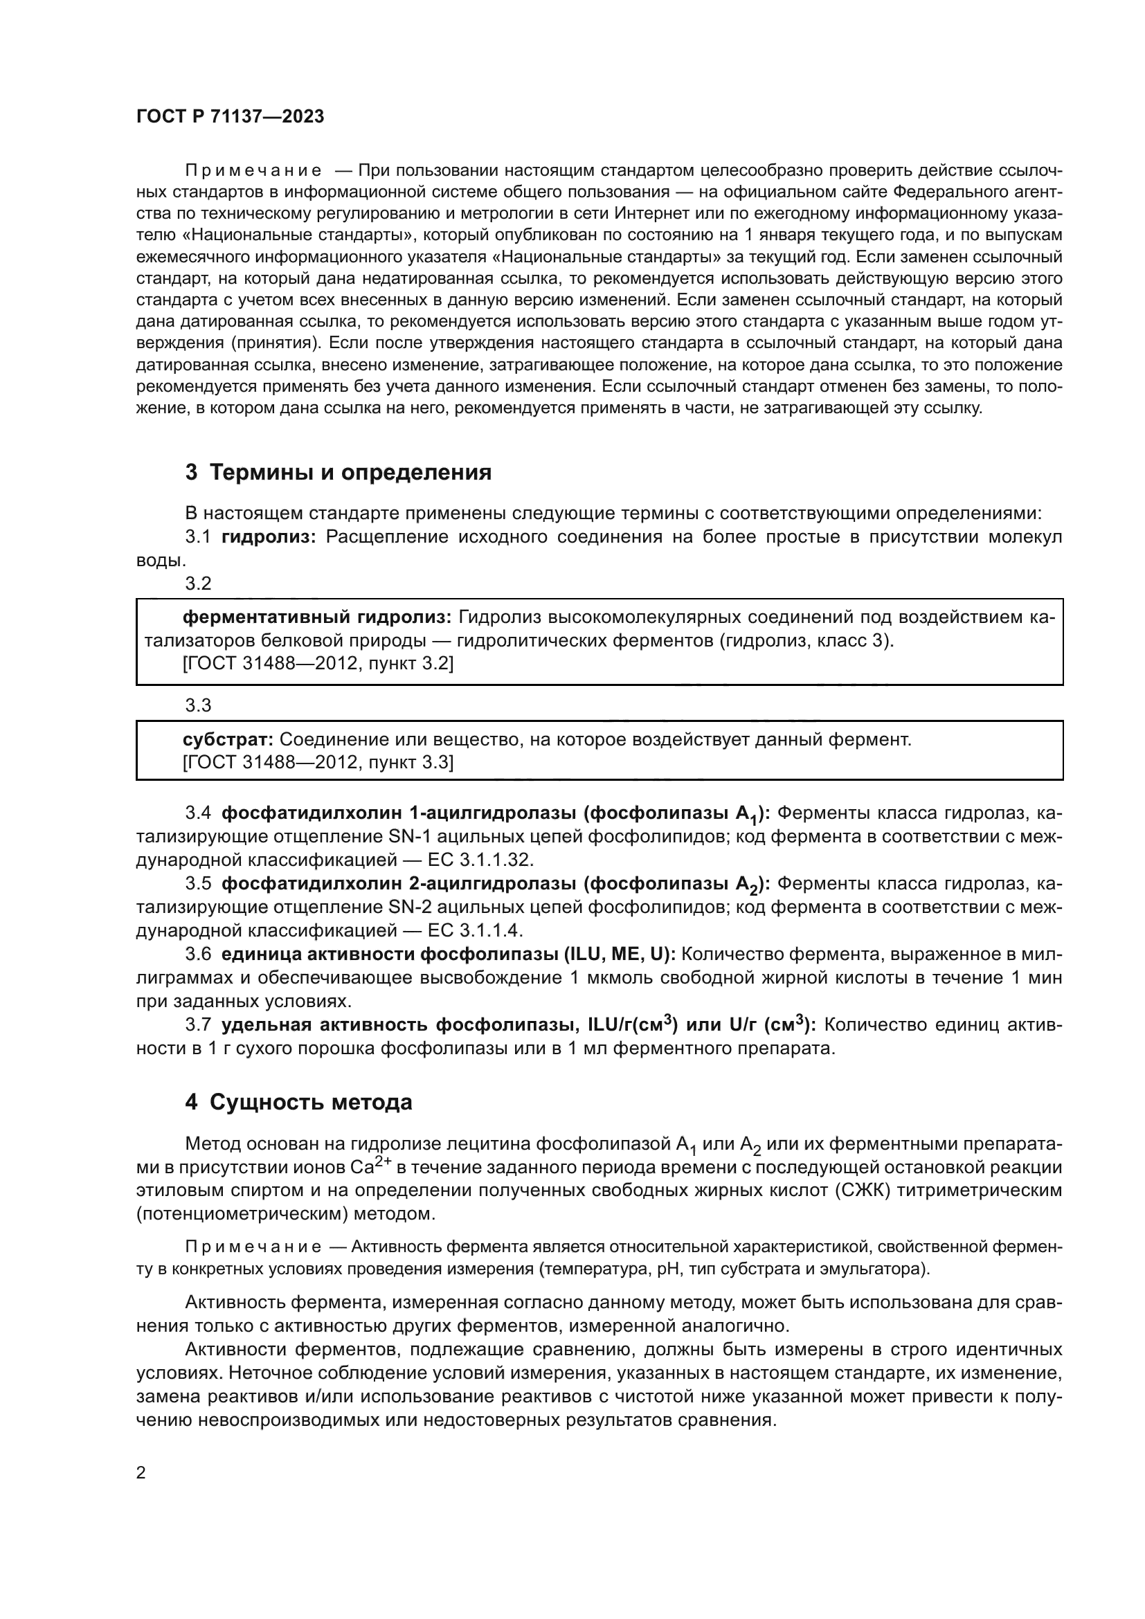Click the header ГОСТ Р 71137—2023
coord(230,116)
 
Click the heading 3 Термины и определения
coord(338,472)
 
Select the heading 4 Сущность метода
coord(298,1101)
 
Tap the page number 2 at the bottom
coord(141,1472)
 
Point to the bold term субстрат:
coord(228,739)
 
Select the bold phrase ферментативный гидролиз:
coord(316,617)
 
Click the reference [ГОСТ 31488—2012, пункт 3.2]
coord(317,664)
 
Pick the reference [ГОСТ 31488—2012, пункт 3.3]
coord(317,762)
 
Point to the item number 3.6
coord(198,954)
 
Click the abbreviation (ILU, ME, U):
coord(620,954)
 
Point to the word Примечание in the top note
coord(254,171)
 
